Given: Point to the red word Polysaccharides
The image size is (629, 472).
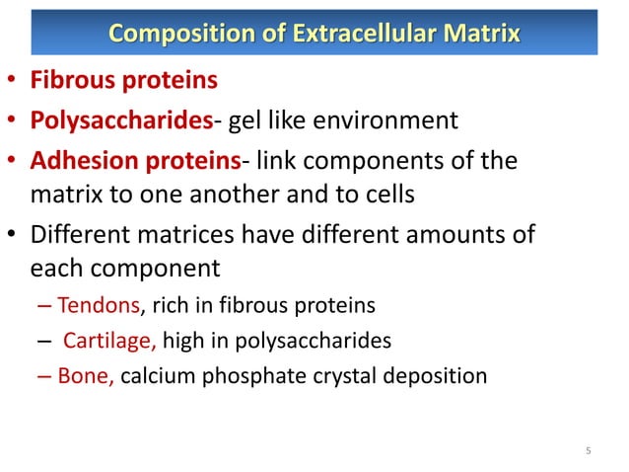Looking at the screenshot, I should [x=122, y=120].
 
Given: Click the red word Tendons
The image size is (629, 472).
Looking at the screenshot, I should [x=99, y=306].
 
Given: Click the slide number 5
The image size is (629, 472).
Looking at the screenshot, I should [x=589, y=452].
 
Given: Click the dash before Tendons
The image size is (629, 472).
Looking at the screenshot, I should [x=46, y=306].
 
